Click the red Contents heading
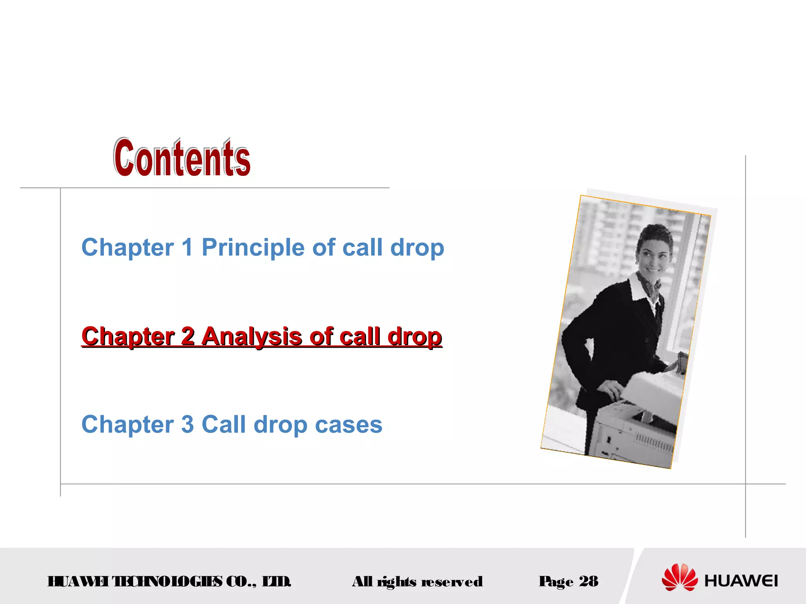click(182, 158)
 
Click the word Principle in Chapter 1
click(253, 248)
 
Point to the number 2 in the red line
click(188, 337)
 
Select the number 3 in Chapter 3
click(187, 425)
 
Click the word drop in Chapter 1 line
click(417, 248)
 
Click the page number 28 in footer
click(588, 581)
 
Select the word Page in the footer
click(556, 582)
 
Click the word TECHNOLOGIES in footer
click(167, 581)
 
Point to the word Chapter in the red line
click(128, 337)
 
